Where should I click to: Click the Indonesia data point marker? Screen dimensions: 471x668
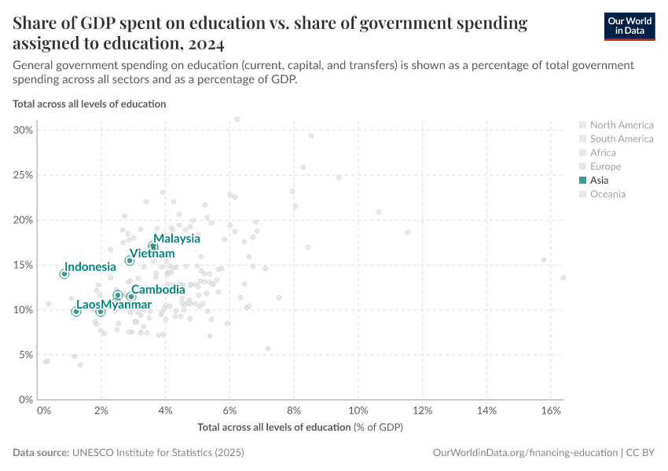[64, 274]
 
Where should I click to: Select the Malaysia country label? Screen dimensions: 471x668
[176, 239]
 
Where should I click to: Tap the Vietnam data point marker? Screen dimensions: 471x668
[130, 260]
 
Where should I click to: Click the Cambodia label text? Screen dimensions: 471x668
[158, 290]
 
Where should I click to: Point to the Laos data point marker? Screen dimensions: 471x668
[76, 312]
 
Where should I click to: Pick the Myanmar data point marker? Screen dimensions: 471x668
[101, 312]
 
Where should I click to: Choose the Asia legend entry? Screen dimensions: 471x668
[599, 181]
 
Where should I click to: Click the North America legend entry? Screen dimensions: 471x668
[621, 125]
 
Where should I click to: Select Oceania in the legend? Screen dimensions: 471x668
[607, 194]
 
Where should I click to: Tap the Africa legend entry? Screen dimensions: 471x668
[603, 152]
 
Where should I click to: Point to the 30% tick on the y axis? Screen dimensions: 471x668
[24, 130]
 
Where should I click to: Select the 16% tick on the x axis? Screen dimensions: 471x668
[550, 411]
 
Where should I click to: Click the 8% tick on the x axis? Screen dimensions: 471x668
[294, 411]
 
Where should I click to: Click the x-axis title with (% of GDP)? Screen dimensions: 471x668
[300, 427]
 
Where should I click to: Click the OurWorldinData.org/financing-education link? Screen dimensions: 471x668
[524, 453]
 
